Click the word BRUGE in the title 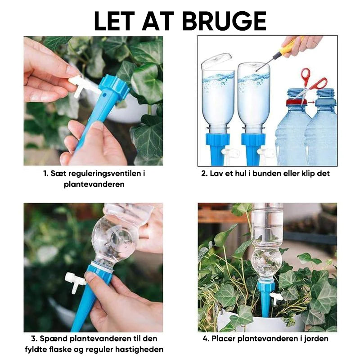pos(224,21)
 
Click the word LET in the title pos(114,21)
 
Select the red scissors pos(310,84)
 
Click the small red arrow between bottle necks pos(311,102)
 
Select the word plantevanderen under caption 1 pos(94,184)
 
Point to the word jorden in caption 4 pos(316,339)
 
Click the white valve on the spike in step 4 pos(276,298)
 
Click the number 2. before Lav pos(204,174)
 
